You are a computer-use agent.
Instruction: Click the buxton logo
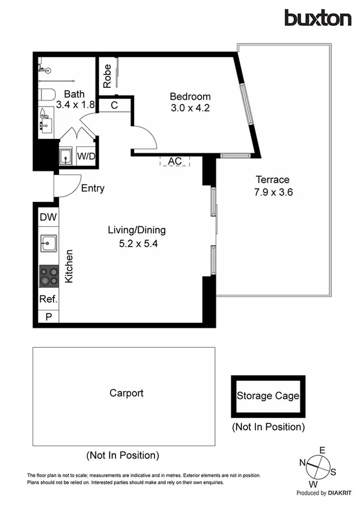click(x=317, y=18)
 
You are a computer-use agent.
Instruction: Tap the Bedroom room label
click(x=190, y=96)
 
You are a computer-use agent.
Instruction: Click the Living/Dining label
click(x=136, y=230)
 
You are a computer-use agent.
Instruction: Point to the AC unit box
click(x=175, y=161)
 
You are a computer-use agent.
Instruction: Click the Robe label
click(x=106, y=76)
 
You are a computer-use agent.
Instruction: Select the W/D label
click(x=87, y=156)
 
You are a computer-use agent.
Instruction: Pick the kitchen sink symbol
click(x=48, y=244)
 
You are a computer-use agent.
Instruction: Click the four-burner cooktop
click(x=48, y=276)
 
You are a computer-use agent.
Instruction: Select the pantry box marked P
click(x=47, y=316)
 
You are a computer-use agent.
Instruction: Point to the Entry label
click(x=93, y=188)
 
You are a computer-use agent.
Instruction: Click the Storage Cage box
click(x=267, y=396)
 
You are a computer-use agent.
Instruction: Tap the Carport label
click(x=126, y=393)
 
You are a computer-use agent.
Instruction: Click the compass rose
click(x=319, y=465)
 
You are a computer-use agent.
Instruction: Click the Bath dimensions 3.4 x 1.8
click(x=75, y=104)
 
